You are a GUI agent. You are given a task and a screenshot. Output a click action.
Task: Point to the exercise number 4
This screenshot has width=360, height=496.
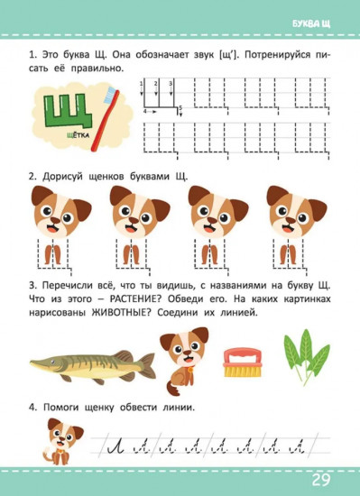33,409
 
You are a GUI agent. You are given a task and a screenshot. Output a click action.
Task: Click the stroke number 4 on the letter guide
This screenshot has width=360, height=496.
144,111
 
